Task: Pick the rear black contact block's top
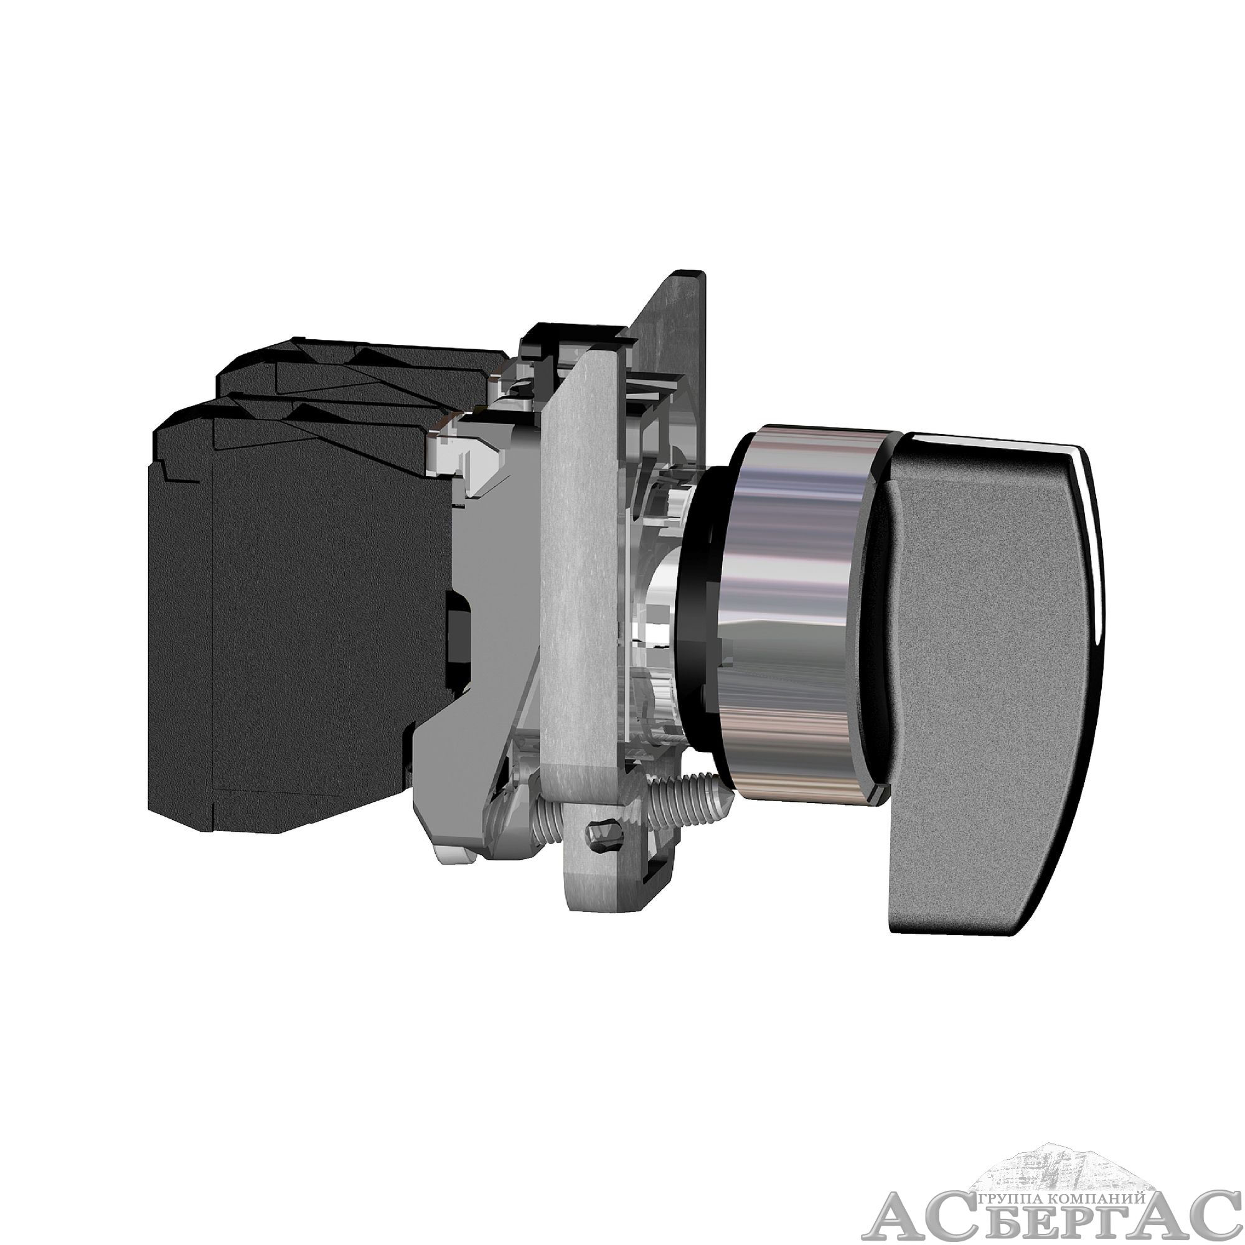coord(361,367)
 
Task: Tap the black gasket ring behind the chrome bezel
coord(699,612)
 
